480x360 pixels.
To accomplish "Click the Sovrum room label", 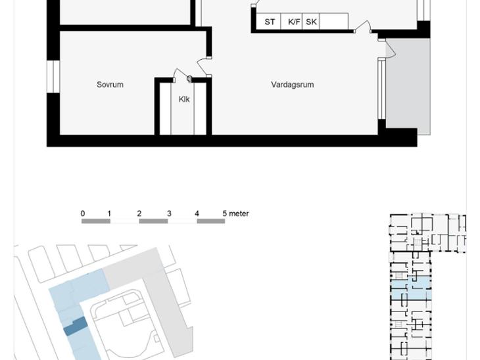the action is (110, 85).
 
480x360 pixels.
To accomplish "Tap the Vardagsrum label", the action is (293, 85).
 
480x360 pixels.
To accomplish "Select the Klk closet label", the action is (184, 99).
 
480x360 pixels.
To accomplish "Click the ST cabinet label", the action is (270, 22).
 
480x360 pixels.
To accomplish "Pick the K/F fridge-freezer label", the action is (294, 22).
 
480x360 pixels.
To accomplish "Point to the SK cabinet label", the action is (311, 22).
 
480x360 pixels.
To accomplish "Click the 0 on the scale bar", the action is (83, 214).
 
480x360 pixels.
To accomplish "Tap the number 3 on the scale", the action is (169, 214).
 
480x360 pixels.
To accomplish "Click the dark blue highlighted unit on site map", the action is (76, 326).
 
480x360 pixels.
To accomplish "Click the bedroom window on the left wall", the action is (53, 76).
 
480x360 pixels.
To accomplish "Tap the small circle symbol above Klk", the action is (189, 79).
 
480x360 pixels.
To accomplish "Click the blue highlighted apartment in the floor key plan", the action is (412, 288).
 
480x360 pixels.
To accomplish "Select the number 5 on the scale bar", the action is (225, 214).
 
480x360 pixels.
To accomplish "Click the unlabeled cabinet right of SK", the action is (333, 22).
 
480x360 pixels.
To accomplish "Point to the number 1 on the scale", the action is (109, 214).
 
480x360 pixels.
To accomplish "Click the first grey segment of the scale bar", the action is (96, 221).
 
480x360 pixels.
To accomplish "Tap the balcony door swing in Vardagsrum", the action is (391, 49).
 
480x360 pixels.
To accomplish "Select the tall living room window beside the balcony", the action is (381, 89).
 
